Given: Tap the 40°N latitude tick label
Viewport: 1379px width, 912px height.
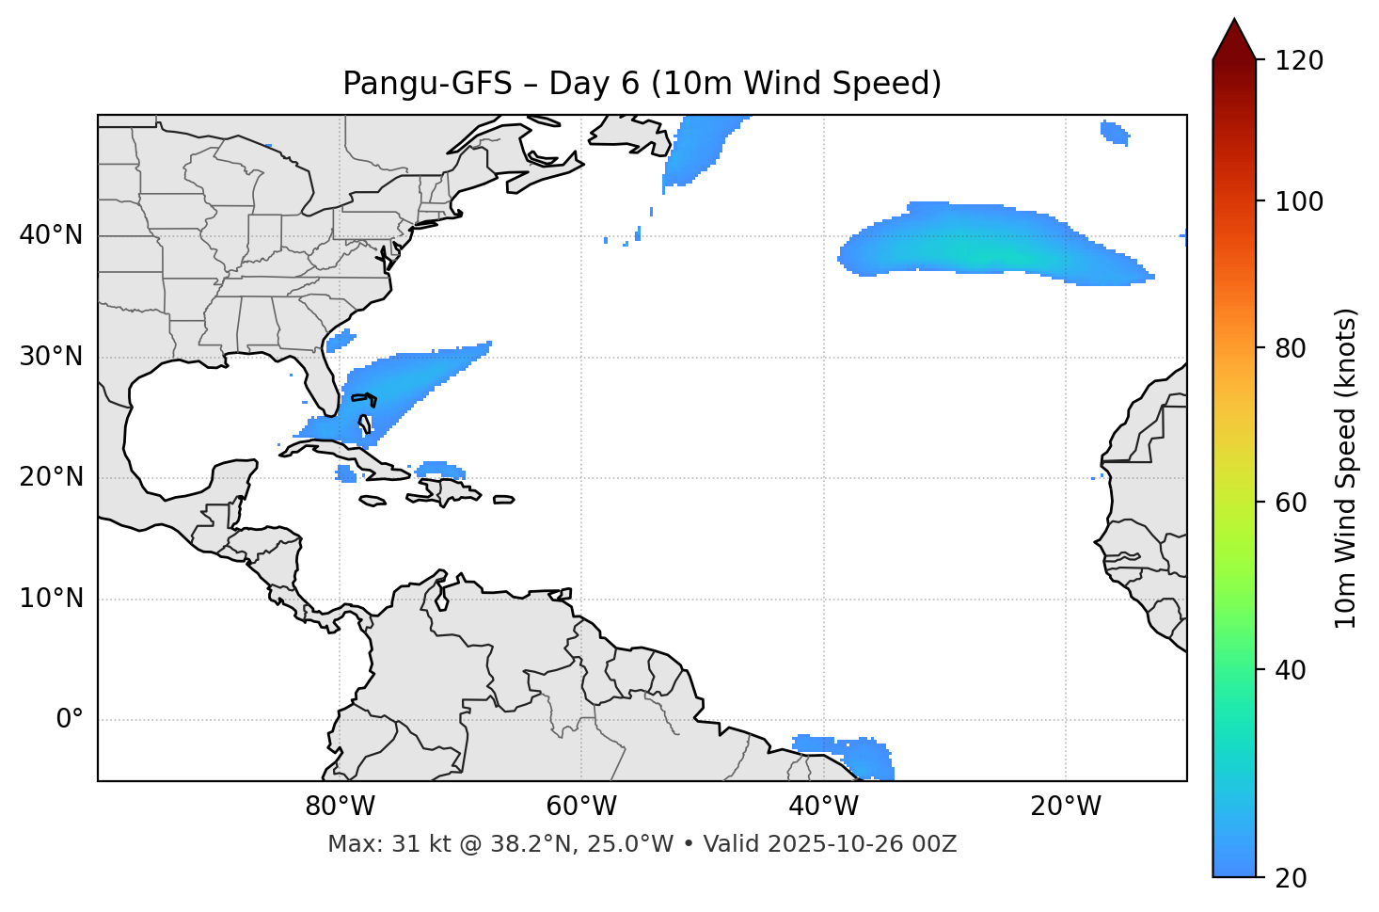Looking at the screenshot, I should [51, 235].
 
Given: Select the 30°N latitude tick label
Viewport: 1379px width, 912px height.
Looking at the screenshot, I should [51, 357].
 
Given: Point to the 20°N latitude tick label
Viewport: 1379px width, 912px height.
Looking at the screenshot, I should [51, 477].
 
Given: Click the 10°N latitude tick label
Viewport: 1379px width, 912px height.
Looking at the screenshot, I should [51, 599].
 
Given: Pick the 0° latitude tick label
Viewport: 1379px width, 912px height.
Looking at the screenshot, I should [69, 720].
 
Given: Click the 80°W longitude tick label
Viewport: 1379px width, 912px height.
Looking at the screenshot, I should [340, 807].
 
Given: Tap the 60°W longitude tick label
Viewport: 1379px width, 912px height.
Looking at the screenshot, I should [581, 807].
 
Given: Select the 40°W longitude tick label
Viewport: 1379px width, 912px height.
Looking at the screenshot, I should [823, 807].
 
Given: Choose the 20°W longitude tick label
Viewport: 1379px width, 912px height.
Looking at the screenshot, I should [1065, 807].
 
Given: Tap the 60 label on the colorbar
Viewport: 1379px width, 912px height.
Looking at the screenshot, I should [1291, 503].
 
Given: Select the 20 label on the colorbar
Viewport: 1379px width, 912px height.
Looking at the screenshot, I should [1291, 878].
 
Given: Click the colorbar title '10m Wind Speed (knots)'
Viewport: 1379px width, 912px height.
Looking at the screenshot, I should [1346, 469].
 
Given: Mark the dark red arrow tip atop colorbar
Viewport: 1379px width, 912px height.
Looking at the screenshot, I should [1234, 38].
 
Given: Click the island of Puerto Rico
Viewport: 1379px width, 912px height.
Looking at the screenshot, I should [504, 500].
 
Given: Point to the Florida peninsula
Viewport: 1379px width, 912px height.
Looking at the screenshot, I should [325, 386].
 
